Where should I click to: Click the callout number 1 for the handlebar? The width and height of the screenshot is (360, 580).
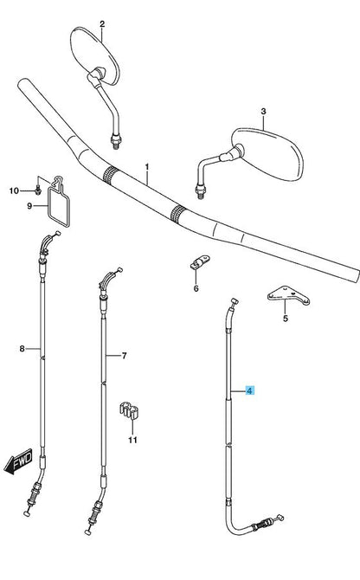(x=147, y=167)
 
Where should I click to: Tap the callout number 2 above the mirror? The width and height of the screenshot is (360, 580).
(x=102, y=24)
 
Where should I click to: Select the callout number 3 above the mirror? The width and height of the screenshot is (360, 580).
(x=263, y=112)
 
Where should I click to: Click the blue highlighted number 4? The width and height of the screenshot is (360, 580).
(x=250, y=390)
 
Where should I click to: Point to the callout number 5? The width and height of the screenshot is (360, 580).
(x=285, y=318)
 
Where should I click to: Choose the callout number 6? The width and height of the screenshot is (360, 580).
(x=196, y=288)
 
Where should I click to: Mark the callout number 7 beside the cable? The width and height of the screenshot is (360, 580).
(x=125, y=356)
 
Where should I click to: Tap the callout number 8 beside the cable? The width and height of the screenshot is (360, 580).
(x=22, y=349)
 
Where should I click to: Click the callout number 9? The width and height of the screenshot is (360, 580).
(x=29, y=206)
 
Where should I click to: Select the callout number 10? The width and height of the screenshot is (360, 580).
(x=14, y=190)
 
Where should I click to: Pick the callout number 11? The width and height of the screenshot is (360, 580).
(x=132, y=440)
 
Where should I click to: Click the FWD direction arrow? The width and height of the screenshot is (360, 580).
(x=18, y=461)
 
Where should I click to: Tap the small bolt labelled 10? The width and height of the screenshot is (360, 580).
(x=37, y=190)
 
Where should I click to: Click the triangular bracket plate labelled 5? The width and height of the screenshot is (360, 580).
(x=289, y=295)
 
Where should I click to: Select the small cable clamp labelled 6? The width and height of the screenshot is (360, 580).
(x=200, y=262)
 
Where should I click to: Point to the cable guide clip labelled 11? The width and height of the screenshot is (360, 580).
(x=129, y=409)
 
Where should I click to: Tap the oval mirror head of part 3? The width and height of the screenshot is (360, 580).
(x=267, y=154)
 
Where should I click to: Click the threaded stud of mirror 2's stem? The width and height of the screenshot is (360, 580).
(x=116, y=142)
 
